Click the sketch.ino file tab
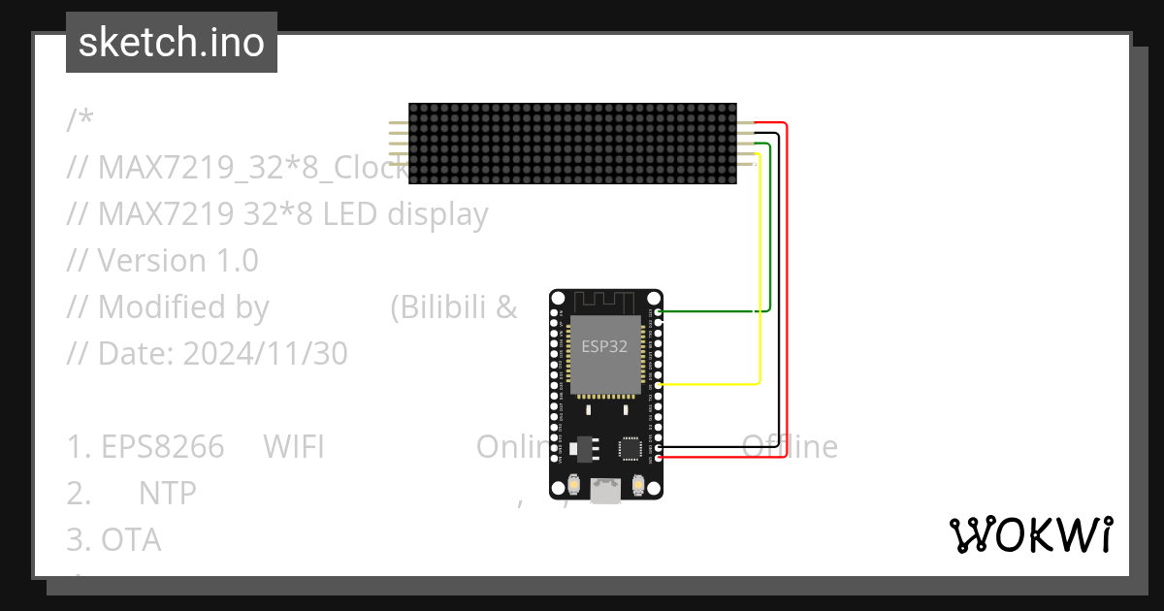click(x=171, y=43)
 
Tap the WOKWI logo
click(x=1030, y=535)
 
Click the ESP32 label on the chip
click(x=603, y=346)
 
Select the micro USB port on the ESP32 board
click(x=606, y=492)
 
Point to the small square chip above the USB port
click(x=631, y=447)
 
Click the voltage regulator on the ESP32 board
click(x=584, y=448)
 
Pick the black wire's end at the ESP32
click(x=660, y=447)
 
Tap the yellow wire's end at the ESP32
click(x=660, y=385)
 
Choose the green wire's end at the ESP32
click(x=660, y=311)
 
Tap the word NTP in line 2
click(x=167, y=494)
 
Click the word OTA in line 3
click(x=131, y=540)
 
